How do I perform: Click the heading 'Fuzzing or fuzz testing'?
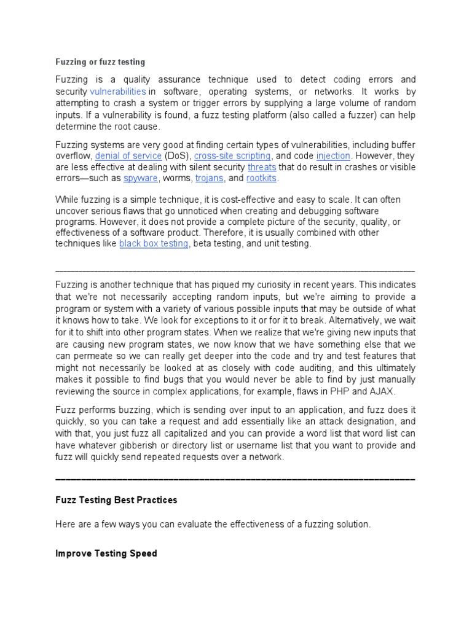click(x=100, y=62)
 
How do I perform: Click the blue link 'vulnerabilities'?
click(x=118, y=91)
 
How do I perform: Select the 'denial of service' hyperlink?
click(x=128, y=156)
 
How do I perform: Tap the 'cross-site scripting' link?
click(x=232, y=156)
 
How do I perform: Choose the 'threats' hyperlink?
click(x=262, y=167)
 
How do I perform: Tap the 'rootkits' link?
click(x=262, y=178)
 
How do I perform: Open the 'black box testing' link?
click(x=154, y=244)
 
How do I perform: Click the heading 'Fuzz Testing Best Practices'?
click(x=116, y=500)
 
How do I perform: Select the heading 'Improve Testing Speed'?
click(x=106, y=553)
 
